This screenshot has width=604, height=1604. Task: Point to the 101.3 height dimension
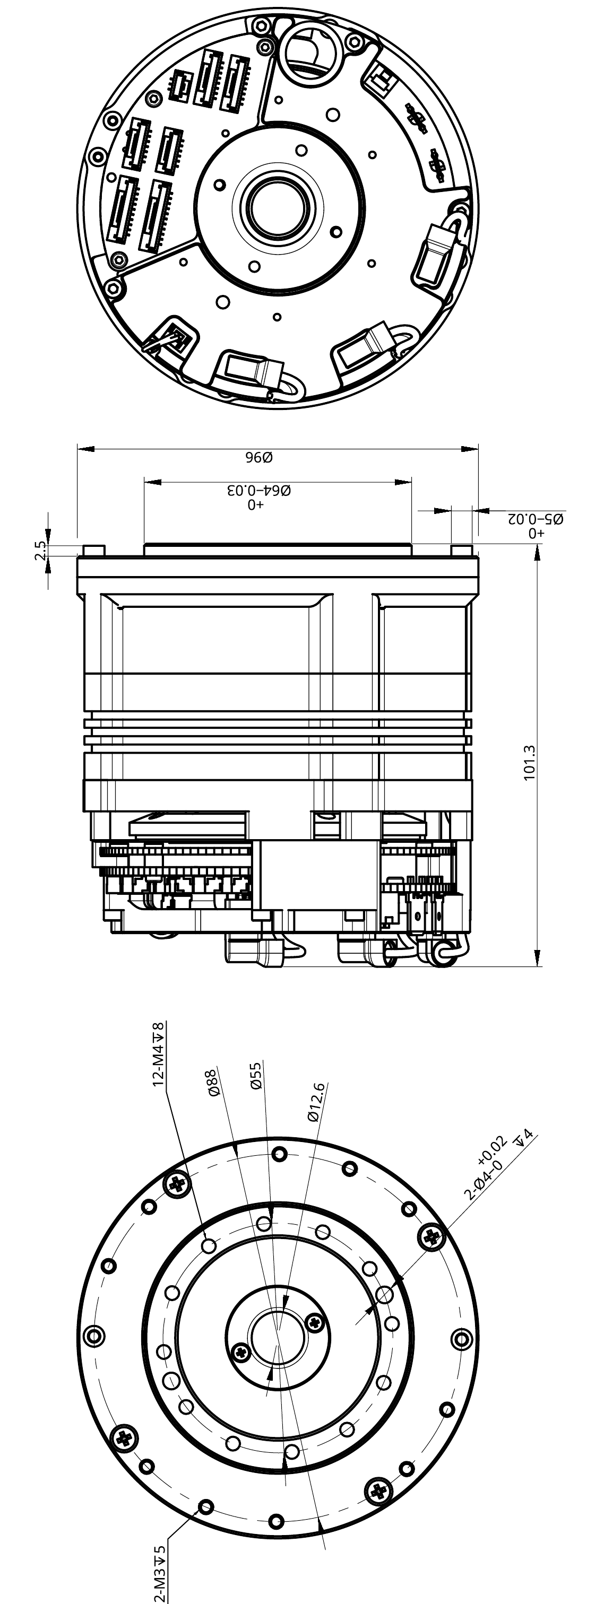(x=529, y=762)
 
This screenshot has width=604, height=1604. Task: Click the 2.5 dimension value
(x=40, y=551)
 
